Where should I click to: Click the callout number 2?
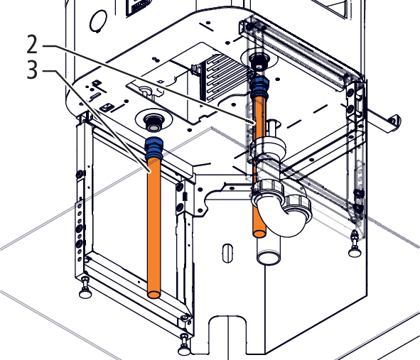pyautogui.click(x=33, y=44)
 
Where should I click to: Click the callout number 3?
pyautogui.click(x=33, y=70)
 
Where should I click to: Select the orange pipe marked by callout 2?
pyautogui.click(x=259, y=166)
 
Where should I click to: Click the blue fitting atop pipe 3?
pyautogui.click(x=154, y=148)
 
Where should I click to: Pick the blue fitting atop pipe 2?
pyautogui.click(x=259, y=87)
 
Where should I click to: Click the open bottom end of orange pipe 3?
pyautogui.click(x=154, y=295)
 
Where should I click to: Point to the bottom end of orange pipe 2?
pyautogui.click(x=259, y=234)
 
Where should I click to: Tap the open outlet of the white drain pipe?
pyautogui.click(x=269, y=256)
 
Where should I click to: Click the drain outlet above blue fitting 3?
pyautogui.click(x=153, y=123)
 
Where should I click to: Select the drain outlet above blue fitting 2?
pyautogui.click(x=259, y=62)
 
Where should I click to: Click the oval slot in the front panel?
pyautogui.click(x=227, y=253)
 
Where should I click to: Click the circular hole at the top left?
pyautogui.click(x=98, y=21)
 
